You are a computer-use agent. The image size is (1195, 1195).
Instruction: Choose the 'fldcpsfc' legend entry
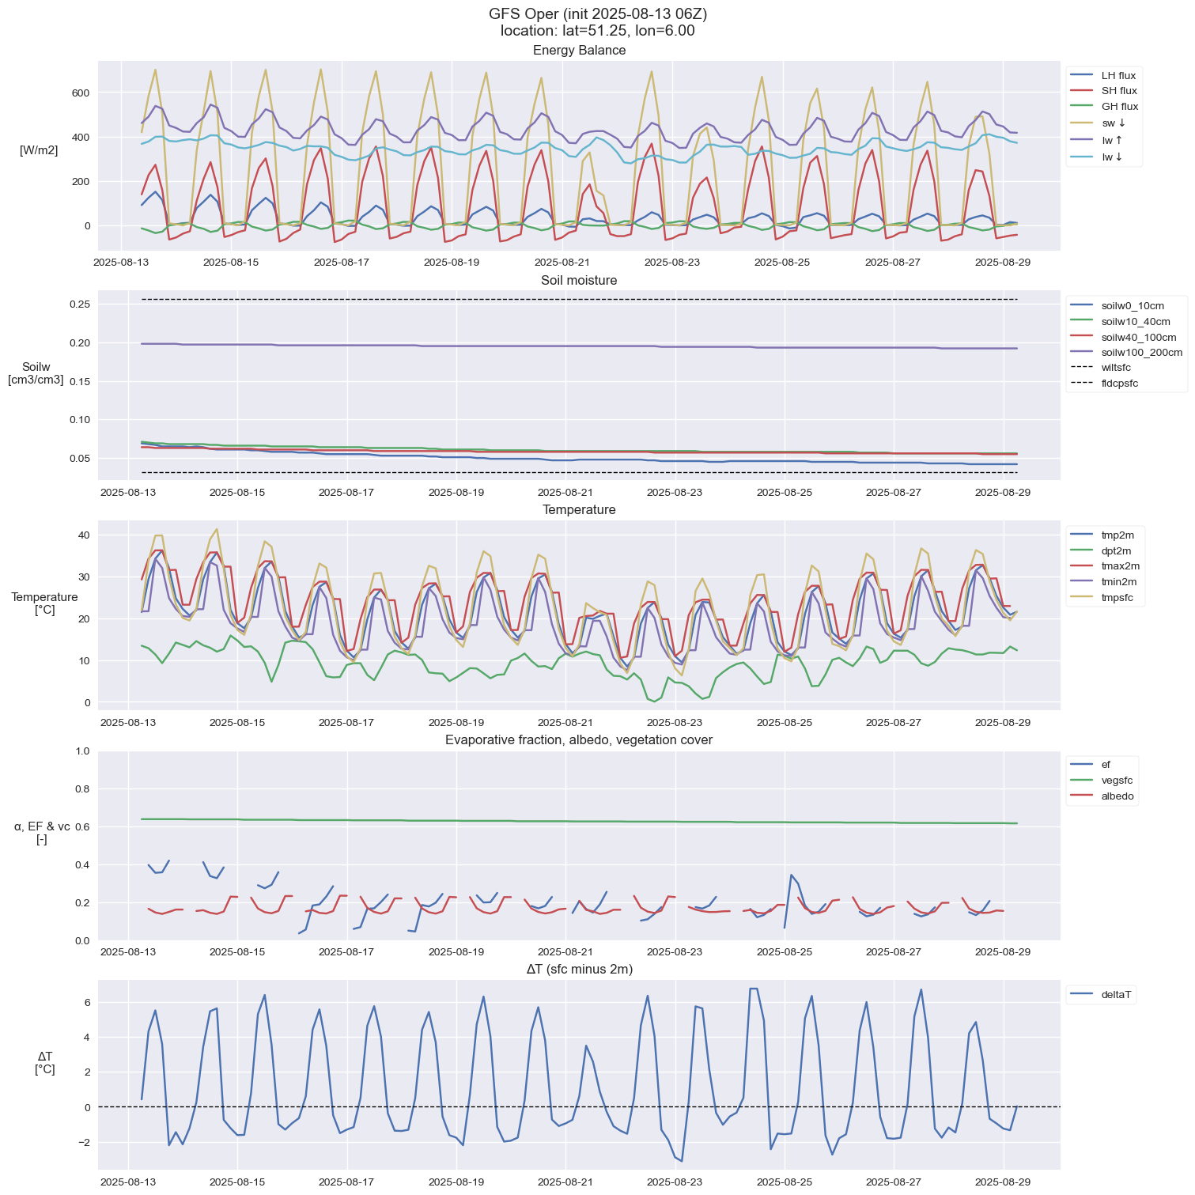1119,384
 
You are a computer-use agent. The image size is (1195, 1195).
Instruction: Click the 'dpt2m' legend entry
1116,551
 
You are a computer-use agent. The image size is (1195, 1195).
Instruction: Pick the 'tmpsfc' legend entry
1117,598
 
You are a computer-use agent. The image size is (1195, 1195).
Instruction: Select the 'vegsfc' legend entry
1117,781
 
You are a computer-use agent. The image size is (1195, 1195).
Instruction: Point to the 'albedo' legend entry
1117,796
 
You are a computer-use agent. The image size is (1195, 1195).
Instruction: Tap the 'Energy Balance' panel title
579,51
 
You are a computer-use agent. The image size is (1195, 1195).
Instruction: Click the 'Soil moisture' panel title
579,281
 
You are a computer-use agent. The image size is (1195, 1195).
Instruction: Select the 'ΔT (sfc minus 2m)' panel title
579,970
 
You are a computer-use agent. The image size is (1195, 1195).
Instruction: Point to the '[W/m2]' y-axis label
39,150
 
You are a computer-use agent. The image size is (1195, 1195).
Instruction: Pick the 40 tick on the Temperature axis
84,535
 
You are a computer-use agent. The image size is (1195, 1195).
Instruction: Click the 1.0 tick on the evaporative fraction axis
82,751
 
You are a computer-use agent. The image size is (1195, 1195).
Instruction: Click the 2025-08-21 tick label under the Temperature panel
566,723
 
